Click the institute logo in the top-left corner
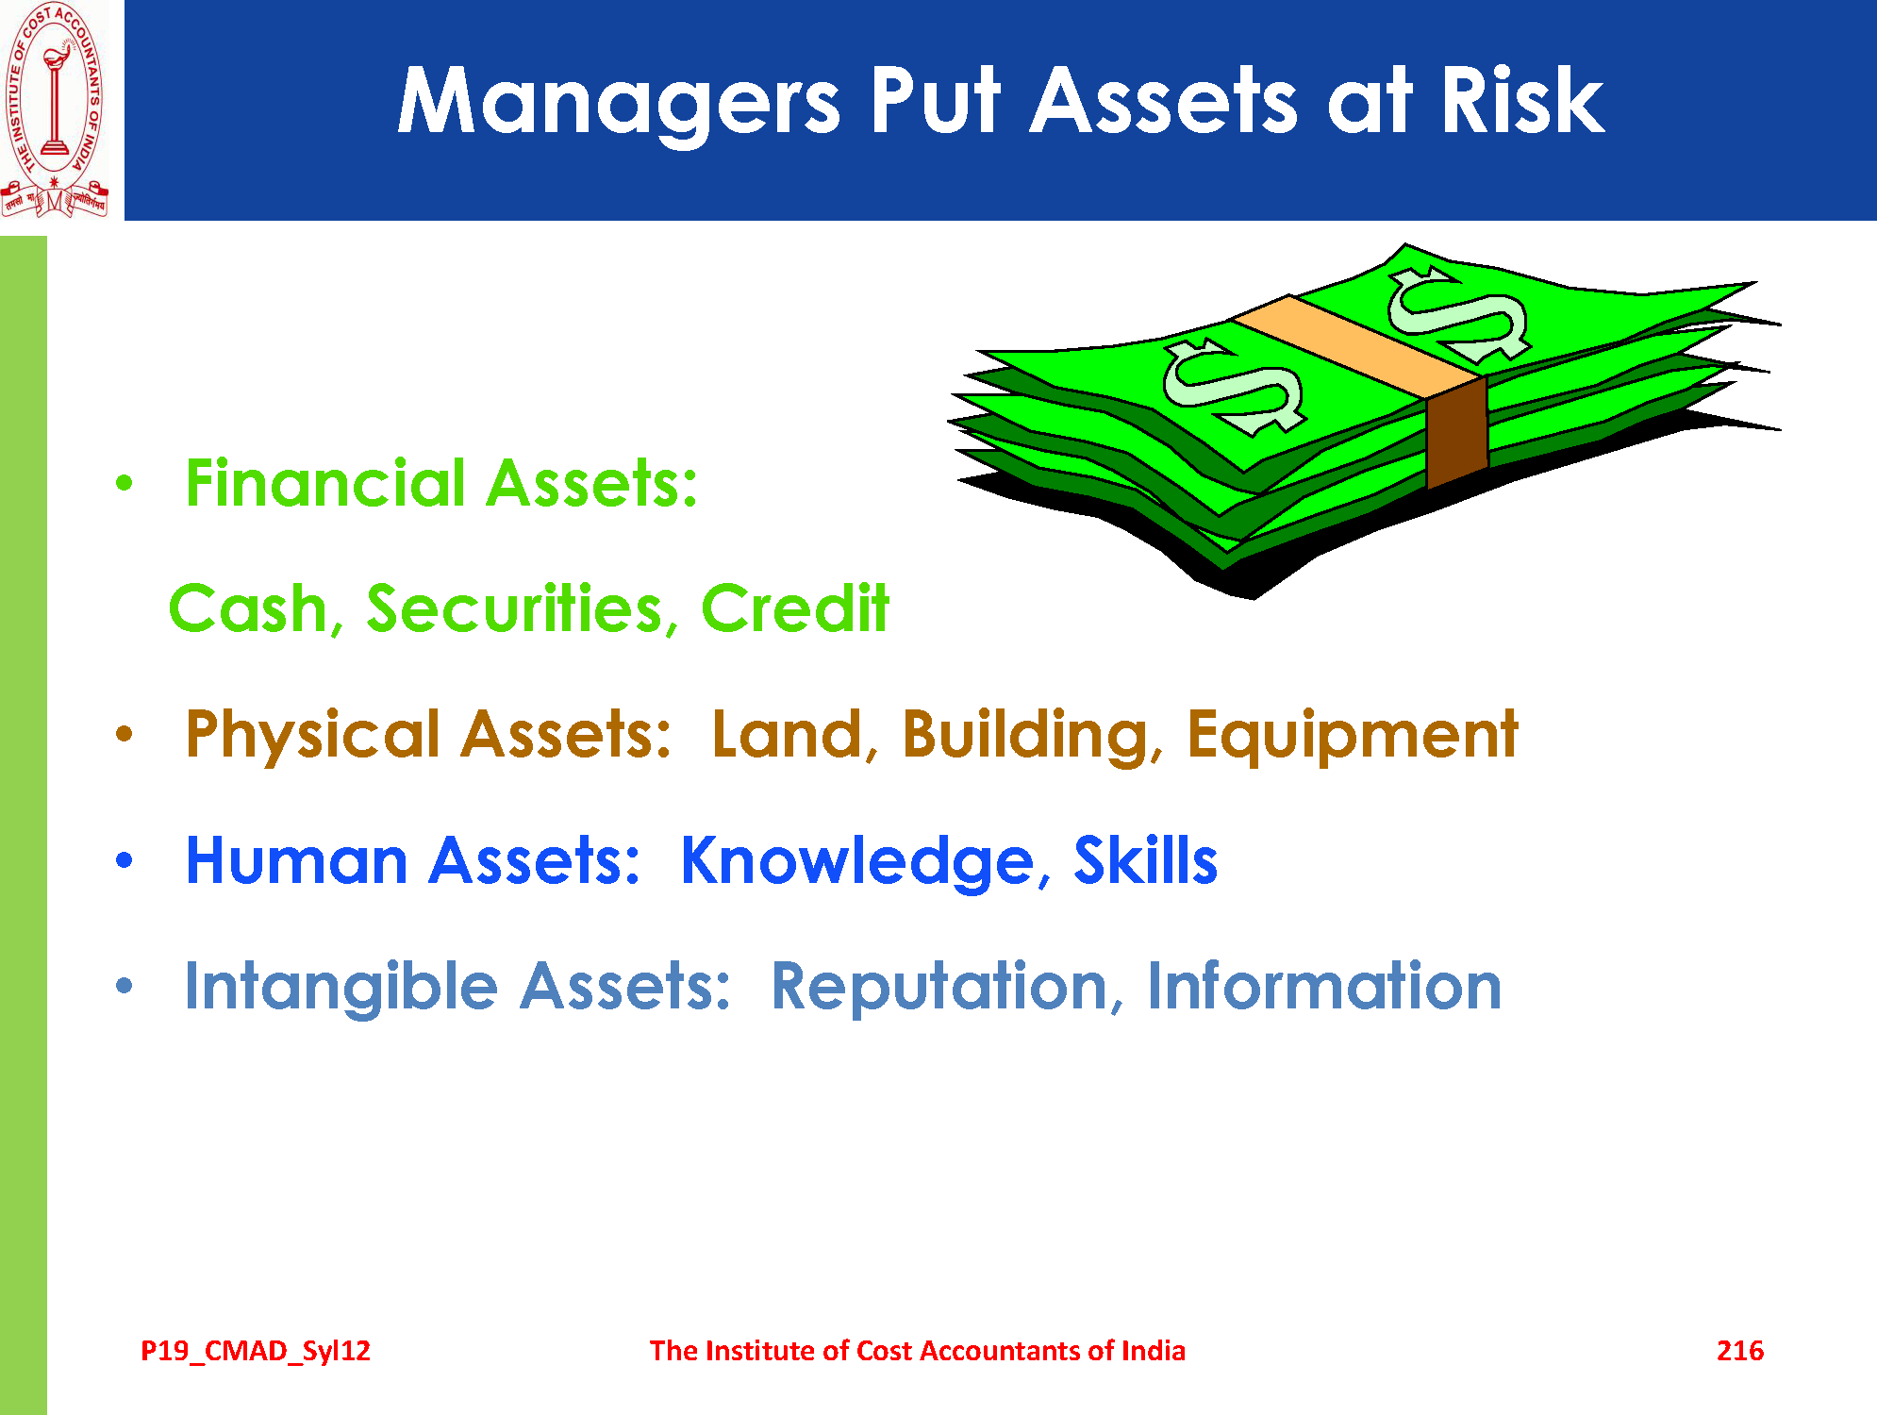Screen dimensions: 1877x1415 55,110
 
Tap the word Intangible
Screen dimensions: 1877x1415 341,988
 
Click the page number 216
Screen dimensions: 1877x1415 1739,1351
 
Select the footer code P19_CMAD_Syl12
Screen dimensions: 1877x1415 256,1352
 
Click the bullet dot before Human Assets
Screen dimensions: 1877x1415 125,860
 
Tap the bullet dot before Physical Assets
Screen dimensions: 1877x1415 125,734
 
